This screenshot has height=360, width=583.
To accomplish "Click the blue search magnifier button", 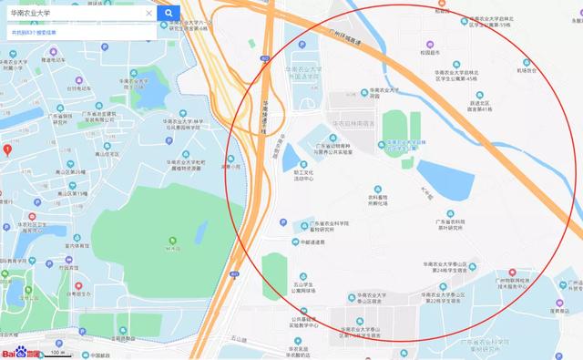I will click(169, 14).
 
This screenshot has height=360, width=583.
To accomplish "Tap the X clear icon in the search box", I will click(148, 14).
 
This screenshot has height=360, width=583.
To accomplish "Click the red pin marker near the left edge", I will click(7, 149).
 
